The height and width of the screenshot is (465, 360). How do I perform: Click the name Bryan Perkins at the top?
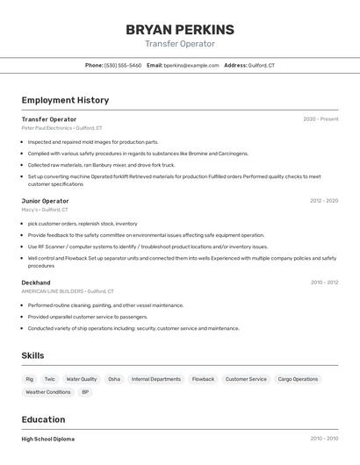[179, 30]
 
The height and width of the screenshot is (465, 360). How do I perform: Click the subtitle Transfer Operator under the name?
[179, 44]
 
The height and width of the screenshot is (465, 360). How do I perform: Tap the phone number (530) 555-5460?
[122, 66]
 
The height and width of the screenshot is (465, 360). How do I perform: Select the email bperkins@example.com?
[191, 66]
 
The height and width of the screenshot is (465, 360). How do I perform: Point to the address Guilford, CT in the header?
[261, 66]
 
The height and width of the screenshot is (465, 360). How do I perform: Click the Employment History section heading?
[65, 100]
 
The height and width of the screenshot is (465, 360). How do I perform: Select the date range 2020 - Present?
[320, 119]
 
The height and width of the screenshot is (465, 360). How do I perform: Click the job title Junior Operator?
[45, 201]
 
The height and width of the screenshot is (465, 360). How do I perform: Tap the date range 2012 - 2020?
[323, 201]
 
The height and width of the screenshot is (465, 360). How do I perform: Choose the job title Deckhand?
[36, 283]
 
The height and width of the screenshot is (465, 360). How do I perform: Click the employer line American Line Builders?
[53, 291]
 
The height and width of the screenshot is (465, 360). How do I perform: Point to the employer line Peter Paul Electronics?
[47, 127]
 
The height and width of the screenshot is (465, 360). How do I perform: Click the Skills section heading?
[32, 355]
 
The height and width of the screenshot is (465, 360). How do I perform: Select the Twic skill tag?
[49, 379]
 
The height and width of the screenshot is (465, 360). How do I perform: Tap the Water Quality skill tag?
[82, 379]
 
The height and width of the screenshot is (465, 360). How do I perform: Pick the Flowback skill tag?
[203, 379]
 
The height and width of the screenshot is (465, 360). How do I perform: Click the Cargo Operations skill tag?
[298, 379]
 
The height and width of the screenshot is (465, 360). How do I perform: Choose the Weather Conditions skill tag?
[48, 392]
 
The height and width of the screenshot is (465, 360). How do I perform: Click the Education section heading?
[43, 419]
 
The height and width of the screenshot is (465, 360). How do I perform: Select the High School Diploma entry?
[48, 439]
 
